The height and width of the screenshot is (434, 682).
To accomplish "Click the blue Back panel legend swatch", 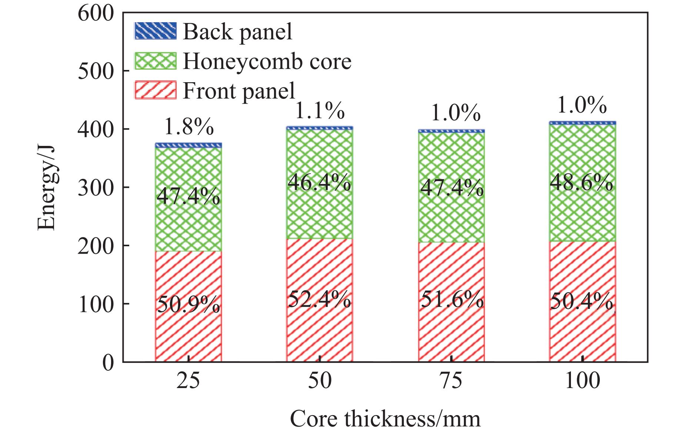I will pos(155,31).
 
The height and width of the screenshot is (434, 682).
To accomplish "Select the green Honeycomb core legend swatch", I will pos(155,61).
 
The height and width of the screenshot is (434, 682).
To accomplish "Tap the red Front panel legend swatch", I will pos(155,90).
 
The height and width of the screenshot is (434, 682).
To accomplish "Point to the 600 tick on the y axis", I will pos(97,13).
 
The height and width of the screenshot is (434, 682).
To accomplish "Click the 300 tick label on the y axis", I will pos(97,188).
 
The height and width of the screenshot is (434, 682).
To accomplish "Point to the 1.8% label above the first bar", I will pos(188,127).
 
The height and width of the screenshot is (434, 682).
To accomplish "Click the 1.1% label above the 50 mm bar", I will pos(320,111).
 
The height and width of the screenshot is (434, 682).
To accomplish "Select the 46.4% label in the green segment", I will pos(320,183).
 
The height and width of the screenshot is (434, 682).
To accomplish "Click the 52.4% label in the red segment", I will pos(320,300).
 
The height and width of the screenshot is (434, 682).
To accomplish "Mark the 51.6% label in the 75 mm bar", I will pos(452,300).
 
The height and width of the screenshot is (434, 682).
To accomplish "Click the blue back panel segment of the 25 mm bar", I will pos(188,145).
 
